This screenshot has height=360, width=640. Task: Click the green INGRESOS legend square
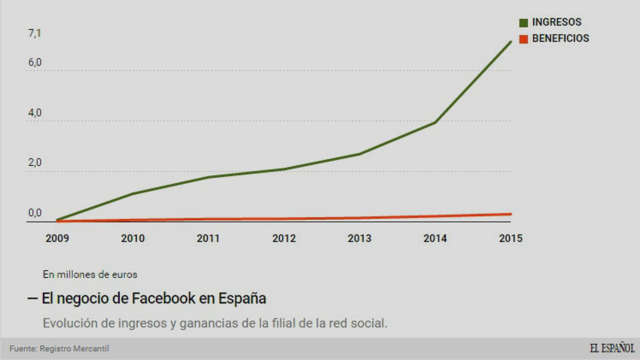point(523,23)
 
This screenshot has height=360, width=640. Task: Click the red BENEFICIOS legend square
point(523,39)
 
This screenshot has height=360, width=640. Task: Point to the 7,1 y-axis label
point(35,34)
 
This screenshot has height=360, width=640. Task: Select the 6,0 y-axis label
point(35,62)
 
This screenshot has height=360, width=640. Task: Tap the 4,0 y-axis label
point(35,113)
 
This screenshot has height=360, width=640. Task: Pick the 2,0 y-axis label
point(35,163)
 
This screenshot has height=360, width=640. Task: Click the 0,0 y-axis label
point(35,213)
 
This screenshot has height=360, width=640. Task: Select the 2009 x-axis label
point(57,238)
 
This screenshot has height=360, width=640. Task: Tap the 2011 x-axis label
point(208,238)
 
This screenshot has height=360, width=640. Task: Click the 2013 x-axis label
point(359,238)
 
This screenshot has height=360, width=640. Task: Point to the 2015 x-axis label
point(511,238)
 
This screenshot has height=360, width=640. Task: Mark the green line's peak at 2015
point(511,42)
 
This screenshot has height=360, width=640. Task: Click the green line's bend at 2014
point(435,122)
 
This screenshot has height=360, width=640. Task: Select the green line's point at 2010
point(133,193)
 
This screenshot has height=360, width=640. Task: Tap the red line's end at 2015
point(510,214)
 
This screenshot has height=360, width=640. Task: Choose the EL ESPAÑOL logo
point(612,348)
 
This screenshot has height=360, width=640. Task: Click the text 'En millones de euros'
point(90,274)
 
